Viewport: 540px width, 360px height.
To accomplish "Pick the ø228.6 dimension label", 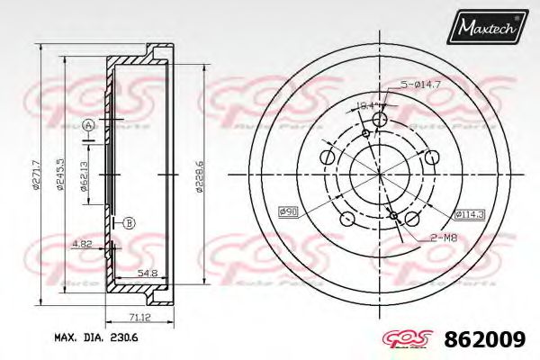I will click(x=199, y=176).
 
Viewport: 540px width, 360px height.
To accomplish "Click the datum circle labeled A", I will click(x=88, y=125).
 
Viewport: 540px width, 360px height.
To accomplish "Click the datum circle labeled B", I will click(x=128, y=222).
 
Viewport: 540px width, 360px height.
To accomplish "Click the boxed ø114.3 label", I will click(x=469, y=214).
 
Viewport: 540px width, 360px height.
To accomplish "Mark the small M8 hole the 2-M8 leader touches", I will click(x=393, y=213).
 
